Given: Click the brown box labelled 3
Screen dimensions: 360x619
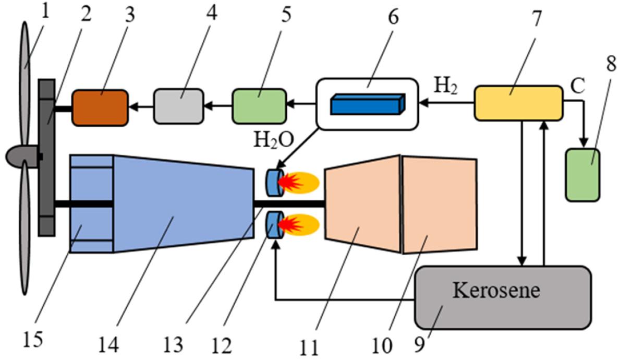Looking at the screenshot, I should coord(100,108).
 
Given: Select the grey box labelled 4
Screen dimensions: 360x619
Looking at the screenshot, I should coord(179,107).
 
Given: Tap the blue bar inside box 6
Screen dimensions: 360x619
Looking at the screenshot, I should coord(368,104).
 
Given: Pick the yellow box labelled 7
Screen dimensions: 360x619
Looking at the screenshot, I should coord(518,103).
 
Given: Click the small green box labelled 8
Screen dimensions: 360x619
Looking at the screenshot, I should coord(582,175).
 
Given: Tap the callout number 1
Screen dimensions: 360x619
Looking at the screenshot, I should coord(45,11).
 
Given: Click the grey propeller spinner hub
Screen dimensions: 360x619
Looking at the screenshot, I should coord(21,156).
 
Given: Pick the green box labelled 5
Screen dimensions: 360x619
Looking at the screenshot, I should coord(259,107).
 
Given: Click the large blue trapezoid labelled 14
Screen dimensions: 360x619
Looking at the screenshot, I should coord(183,203).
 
